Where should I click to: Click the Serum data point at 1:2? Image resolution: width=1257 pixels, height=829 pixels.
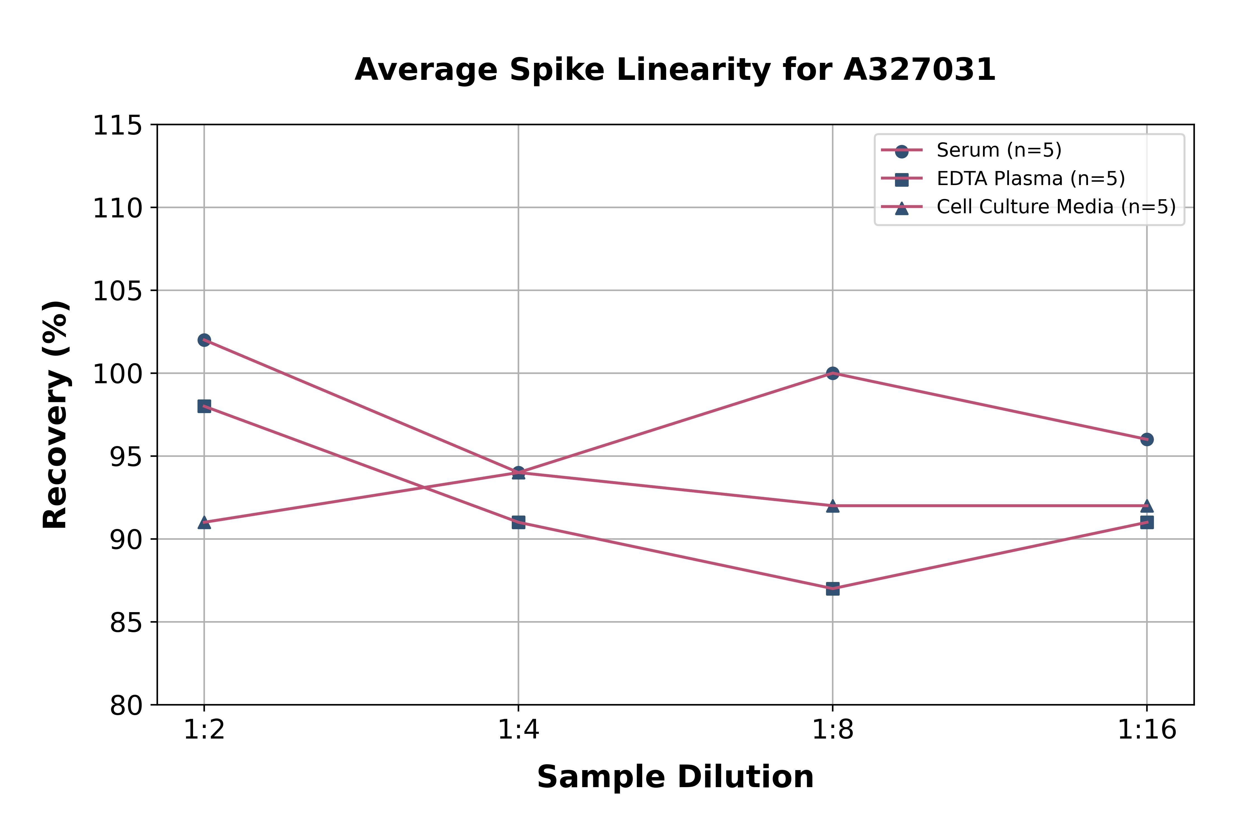point(204,340)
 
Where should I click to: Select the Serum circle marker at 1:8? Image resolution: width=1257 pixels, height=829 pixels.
point(833,373)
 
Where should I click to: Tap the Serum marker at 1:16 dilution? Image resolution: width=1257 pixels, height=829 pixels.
point(1146,439)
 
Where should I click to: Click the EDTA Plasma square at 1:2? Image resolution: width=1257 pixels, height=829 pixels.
point(204,406)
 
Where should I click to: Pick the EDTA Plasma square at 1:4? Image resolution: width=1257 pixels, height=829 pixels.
point(518,522)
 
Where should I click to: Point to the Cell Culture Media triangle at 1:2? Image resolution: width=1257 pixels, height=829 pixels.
point(204,522)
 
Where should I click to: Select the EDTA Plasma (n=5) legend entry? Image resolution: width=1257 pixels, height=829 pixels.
point(1030,179)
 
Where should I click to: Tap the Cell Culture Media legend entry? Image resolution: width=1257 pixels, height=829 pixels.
point(1055,207)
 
